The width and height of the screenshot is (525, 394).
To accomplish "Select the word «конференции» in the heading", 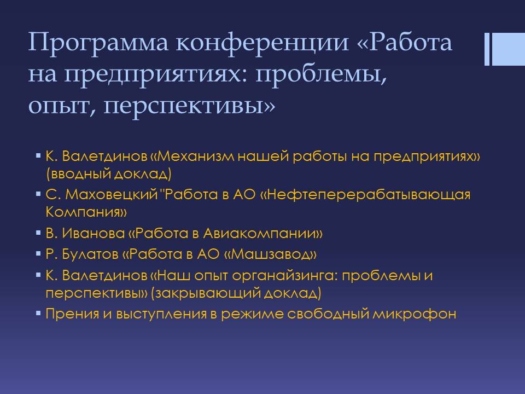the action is pos(262,42).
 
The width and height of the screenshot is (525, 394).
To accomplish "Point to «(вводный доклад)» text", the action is pos(108,174).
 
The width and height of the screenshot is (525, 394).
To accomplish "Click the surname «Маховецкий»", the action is pos(111,195).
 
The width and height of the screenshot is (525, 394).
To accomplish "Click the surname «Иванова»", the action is pos(94,233).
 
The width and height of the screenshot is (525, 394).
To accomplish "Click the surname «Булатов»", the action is pos(90,254).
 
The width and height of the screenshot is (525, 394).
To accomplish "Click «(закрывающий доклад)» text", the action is pos(236,293).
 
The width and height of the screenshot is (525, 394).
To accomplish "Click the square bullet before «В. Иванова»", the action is pos(38,232).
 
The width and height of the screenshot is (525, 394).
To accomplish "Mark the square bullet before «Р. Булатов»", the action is pos(38,253).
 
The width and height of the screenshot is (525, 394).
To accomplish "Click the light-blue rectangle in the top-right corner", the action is pos(508,49).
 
